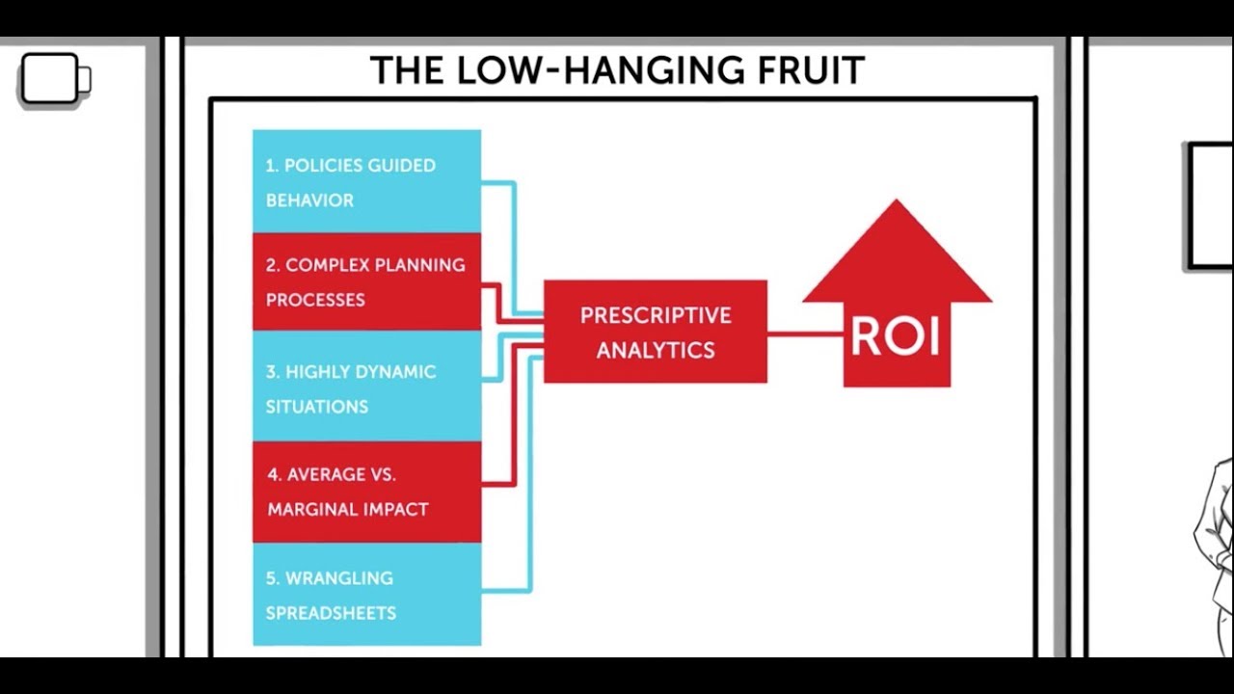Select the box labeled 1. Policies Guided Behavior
[x=366, y=182]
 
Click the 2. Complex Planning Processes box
[x=366, y=281]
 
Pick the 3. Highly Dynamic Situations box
[x=366, y=387]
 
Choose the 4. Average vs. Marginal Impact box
[x=366, y=492]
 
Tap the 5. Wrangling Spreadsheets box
[x=366, y=595]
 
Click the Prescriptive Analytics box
[x=656, y=332]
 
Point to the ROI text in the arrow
[x=895, y=337]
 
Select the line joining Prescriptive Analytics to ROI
[x=805, y=334]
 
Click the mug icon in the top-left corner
[x=53, y=79]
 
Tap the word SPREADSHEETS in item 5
[x=331, y=613]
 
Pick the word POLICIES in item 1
[x=323, y=166]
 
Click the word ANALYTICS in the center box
[x=656, y=350]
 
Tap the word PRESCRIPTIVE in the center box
[x=656, y=315]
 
